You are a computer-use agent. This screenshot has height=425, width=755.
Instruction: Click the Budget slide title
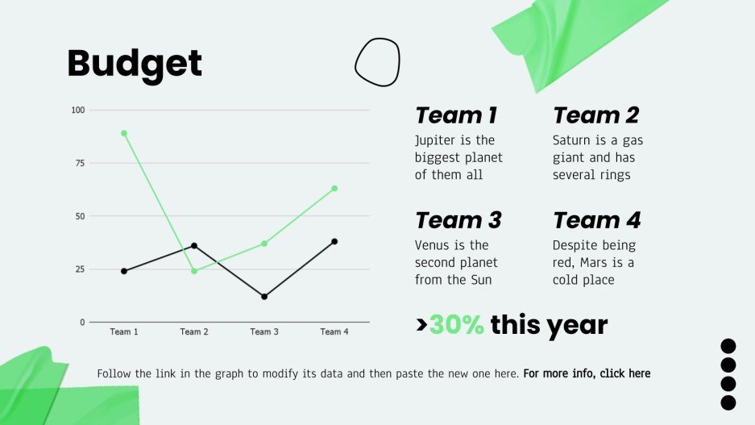[135, 64]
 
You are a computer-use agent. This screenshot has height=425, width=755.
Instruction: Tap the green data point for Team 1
[124, 133]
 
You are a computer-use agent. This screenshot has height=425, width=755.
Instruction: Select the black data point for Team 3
[264, 297]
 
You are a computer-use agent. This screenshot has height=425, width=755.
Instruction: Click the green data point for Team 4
[334, 189]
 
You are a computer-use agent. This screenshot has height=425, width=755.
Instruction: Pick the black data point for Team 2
[194, 246]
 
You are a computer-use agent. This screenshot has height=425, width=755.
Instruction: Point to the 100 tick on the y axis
[78, 110]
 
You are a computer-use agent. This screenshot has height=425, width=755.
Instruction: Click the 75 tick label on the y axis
[80, 163]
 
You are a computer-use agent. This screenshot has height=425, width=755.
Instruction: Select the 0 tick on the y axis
[82, 323]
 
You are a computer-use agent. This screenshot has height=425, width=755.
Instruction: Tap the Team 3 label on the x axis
[264, 332]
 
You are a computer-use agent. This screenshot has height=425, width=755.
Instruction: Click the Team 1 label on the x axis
[124, 332]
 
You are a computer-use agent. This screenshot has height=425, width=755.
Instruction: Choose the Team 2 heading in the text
[595, 115]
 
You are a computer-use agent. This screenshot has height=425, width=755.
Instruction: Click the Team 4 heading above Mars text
[595, 220]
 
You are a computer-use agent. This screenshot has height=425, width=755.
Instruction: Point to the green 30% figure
[456, 325]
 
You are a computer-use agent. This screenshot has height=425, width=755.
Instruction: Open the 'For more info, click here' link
[587, 374]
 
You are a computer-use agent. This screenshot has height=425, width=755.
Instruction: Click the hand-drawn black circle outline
[377, 62]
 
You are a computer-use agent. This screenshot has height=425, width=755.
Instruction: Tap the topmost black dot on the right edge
[728, 347]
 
